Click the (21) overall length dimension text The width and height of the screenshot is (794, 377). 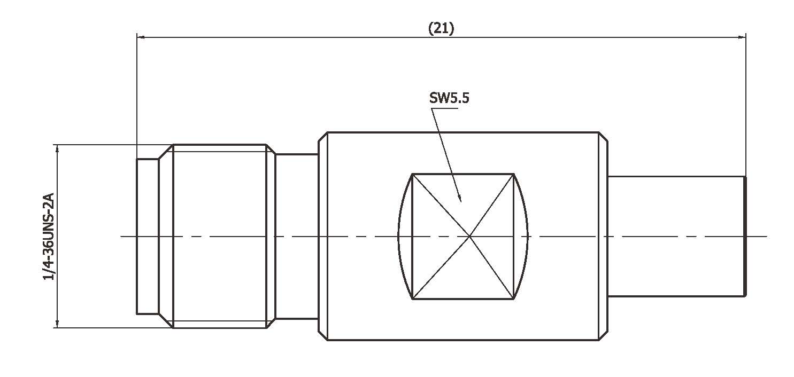pos(441,29)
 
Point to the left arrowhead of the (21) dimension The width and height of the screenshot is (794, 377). pos(141,37)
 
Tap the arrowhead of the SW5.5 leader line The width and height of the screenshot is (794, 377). pos(460,199)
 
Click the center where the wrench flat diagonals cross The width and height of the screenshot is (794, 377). pos(469,236)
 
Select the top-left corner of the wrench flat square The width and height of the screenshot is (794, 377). pos(412,174)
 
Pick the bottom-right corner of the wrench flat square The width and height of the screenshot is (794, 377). pos(514,299)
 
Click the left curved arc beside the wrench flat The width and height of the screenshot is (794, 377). pos(399,236)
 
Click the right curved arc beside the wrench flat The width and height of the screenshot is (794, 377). pos(528,236)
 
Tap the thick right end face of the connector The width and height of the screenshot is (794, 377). pos(745,236)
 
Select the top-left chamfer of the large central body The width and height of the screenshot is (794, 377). pos(322,136)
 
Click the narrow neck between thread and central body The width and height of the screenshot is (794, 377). pos(297,236)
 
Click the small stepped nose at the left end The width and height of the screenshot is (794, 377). pos(147,236)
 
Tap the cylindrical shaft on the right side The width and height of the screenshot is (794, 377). pos(676,236)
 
